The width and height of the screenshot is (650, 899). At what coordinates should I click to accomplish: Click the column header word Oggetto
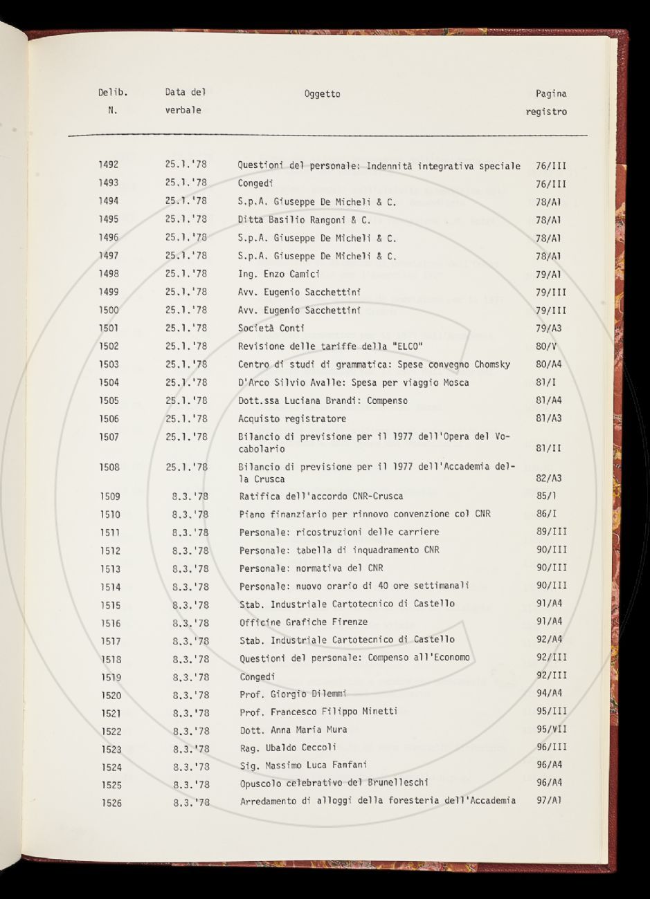(x=322, y=94)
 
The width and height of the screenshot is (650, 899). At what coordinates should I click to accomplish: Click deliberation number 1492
(x=108, y=165)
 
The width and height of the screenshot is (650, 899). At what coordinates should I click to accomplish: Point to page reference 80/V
(x=547, y=346)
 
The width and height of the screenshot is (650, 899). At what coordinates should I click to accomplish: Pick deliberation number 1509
(x=110, y=497)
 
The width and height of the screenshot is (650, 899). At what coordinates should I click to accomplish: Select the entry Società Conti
(x=271, y=328)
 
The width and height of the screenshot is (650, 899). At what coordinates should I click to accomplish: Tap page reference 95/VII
(x=551, y=730)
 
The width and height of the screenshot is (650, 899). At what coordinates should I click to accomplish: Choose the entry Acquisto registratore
(x=292, y=418)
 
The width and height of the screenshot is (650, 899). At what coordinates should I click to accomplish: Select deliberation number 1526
(x=111, y=803)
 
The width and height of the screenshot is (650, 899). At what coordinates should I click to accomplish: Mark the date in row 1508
(x=187, y=467)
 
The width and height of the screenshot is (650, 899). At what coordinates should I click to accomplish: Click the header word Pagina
(x=550, y=94)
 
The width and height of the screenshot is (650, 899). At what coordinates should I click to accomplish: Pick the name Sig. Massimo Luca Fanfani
(x=303, y=765)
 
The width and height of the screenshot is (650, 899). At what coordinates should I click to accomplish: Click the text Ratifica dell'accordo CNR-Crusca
(x=321, y=497)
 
